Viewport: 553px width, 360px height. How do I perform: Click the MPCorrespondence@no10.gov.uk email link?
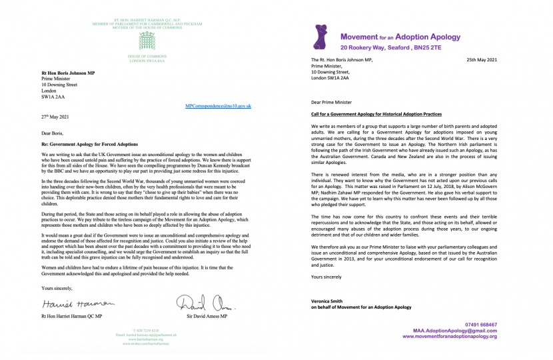coord(218,106)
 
